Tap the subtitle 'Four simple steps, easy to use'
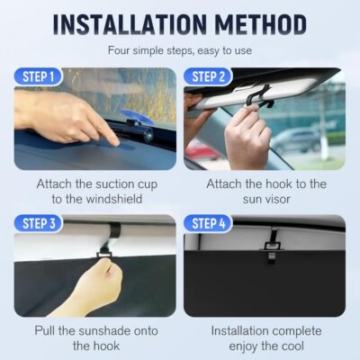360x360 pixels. point(180,51)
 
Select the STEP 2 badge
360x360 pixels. point(209,78)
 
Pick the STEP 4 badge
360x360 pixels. point(209,223)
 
